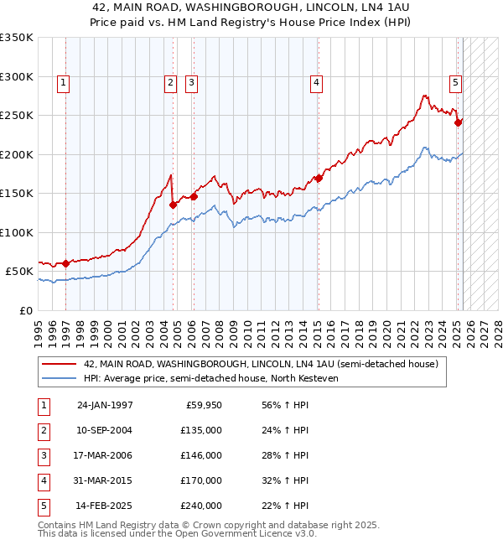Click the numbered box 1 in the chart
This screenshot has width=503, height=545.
click(64, 82)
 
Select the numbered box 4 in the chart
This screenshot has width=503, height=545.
click(316, 82)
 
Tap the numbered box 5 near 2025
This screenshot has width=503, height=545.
click(455, 82)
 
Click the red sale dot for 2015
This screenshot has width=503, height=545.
click(319, 178)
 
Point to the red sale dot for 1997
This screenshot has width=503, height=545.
click(66, 263)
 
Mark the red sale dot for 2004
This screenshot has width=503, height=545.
click(173, 204)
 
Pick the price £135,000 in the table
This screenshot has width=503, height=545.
click(202, 430)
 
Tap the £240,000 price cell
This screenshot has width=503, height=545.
click(202, 506)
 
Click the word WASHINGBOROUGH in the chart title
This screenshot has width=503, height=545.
click(214, 8)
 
